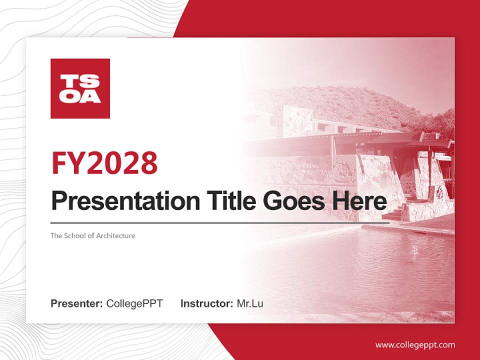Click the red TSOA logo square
[x=80, y=88]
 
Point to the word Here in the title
[x=359, y=201]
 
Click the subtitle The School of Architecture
[x=92, y=235]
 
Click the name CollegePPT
[x=134, y=303]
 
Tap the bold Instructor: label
[x=206, y=303]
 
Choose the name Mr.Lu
[x=249, y=303]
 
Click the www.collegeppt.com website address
[x=415, y=344]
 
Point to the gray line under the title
[x=220, y=223]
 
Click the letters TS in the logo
[x=80, y=81]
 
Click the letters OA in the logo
[x=80, y=96]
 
